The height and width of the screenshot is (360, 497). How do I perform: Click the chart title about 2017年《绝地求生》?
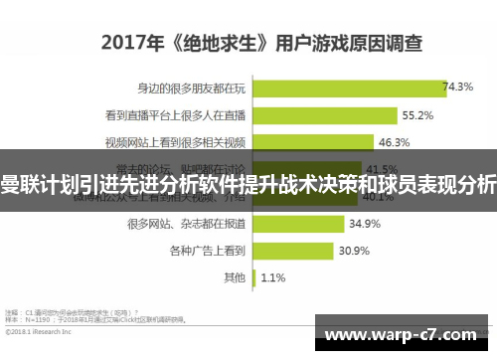tap(260, 43)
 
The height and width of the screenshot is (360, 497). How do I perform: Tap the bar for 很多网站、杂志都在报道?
tap(298, 223)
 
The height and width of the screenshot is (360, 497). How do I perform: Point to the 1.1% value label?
tap(273, 276)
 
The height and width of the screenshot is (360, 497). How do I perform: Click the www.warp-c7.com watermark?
tap(404, 334)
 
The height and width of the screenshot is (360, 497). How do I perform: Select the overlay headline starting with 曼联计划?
tap(248, 183)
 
